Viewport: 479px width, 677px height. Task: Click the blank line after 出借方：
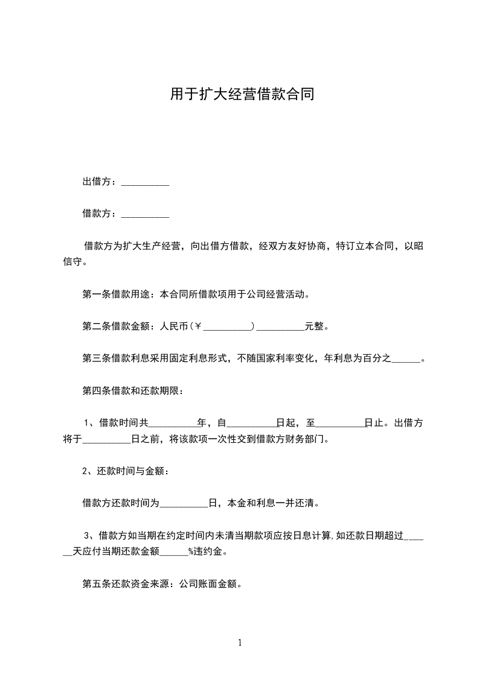tap(145, 182)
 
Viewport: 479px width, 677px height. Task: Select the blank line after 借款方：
tap(145, 214)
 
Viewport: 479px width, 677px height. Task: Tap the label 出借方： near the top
tap(101, 182)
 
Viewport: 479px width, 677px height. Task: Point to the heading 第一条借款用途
tap(118, 295)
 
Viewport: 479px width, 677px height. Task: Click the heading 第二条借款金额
tap(118, 326)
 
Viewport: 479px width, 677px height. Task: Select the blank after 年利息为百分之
tap(406, 359)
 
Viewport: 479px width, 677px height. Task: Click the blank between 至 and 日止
tap(340, 424)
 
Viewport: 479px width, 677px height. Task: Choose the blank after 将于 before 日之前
tap(106, 440)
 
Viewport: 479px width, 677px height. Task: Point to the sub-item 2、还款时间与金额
tap(126, 471)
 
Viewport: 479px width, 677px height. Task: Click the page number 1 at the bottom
tap(240, 643)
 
